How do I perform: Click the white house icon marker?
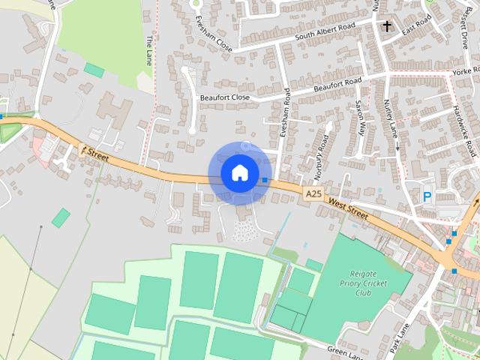239,172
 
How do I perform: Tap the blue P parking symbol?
427,197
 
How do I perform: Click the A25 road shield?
313,194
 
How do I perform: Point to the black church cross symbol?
388,27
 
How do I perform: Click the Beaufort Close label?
224,97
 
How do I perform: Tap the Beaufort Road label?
337,84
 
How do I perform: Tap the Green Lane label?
344,350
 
